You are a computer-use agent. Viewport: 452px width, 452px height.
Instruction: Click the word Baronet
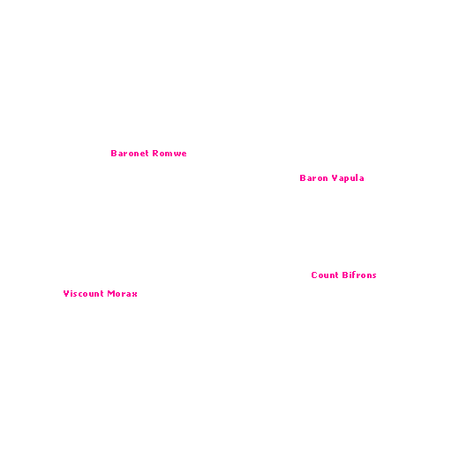click(130, 154)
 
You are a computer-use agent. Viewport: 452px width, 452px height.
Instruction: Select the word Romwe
click(169, 154)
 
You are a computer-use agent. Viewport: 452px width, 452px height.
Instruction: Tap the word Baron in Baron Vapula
click(313, 178)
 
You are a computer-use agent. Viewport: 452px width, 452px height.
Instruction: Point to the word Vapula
click(348, 178)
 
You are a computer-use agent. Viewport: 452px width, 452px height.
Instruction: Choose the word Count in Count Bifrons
click(325, 275)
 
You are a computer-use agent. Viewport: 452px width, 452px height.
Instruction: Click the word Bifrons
click(359, 275)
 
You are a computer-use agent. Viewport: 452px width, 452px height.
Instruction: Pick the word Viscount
click(83, 294)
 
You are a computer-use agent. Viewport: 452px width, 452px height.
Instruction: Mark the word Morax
click(123, 294)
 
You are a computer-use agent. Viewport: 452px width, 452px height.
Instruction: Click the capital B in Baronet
click(114, 154)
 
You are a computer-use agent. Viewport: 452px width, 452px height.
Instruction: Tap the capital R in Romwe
click(155, 154)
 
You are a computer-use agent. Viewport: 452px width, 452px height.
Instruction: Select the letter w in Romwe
click(177, 154)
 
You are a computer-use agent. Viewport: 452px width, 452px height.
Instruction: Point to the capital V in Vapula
click(335, 178)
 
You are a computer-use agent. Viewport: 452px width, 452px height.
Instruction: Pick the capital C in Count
click(314, 275)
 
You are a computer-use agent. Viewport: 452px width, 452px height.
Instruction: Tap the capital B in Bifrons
click(345, 275)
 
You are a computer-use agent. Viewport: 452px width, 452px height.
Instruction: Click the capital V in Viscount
click(66, 294)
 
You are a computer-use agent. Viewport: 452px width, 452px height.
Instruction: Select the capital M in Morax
click(110, 294)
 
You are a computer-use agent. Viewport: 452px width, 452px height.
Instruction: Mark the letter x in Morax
click(135, 295)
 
